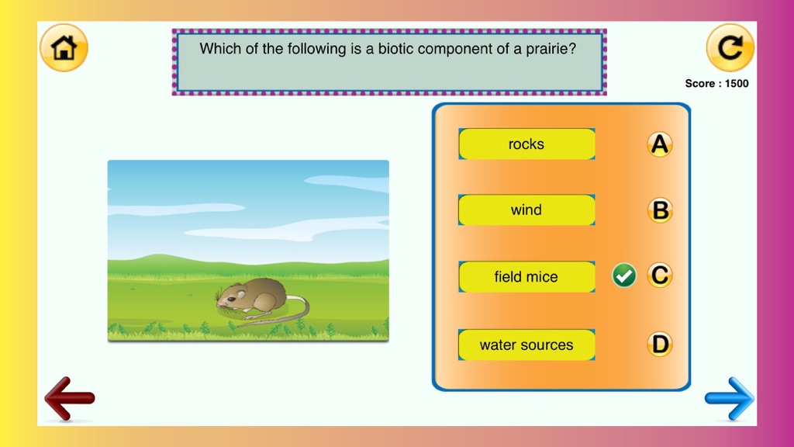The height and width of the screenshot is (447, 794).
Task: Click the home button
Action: [64, 47]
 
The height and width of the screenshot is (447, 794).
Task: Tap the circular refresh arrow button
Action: [730, 47]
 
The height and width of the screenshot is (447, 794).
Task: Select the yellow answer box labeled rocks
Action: [526, 144]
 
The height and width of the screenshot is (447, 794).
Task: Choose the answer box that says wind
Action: [526, 210]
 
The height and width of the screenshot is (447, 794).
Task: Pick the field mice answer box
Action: [526, 277]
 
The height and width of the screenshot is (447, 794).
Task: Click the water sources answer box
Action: [526, 345]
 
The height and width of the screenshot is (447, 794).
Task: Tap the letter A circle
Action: [659, 144]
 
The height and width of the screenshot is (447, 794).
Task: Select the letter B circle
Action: [660, 210]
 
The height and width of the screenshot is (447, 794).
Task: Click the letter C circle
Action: [660, 275]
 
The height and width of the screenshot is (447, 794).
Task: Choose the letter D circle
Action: [660, 344]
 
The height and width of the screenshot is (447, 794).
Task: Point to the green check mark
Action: [624, 275]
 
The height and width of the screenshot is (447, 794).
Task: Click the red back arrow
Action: [69, 398]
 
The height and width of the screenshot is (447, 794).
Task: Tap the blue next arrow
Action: [729, 398]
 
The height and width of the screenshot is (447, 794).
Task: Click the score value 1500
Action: [737, 84]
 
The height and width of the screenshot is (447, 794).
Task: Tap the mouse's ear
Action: [242, 294]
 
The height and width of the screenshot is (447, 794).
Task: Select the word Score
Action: [700, 84]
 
